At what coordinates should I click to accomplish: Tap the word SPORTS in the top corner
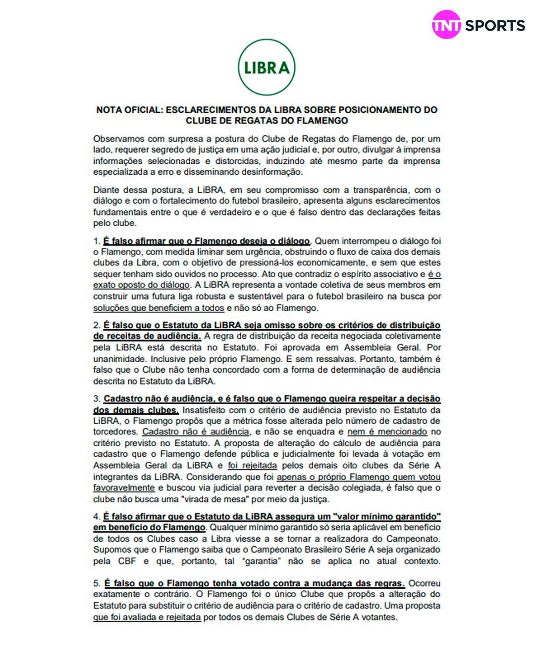pyautogui.click(x=494, y=26)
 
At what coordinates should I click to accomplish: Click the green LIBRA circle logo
pyautogui.click(x=267, y=67)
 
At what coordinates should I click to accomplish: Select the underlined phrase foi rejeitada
pyautogui.click(x=252, y=466)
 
